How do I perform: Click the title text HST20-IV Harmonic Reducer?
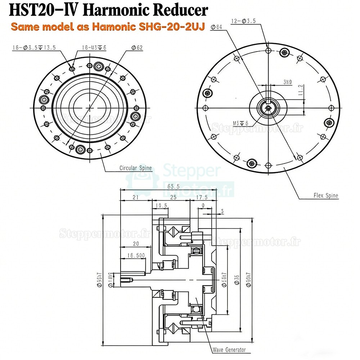(x=108, y=10)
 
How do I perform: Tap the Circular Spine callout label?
(x=135, y=168)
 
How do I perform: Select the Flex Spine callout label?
(x=325, y=196)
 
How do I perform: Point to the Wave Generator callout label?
(x=229, y=350)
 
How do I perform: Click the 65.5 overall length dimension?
(x=175, y=187)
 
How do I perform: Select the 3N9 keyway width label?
(x=287, y=82)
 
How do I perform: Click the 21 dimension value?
(x=136, y=197)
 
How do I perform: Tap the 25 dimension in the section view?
(x=173, y=197)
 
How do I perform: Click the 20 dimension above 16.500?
(x=135, y=244)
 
